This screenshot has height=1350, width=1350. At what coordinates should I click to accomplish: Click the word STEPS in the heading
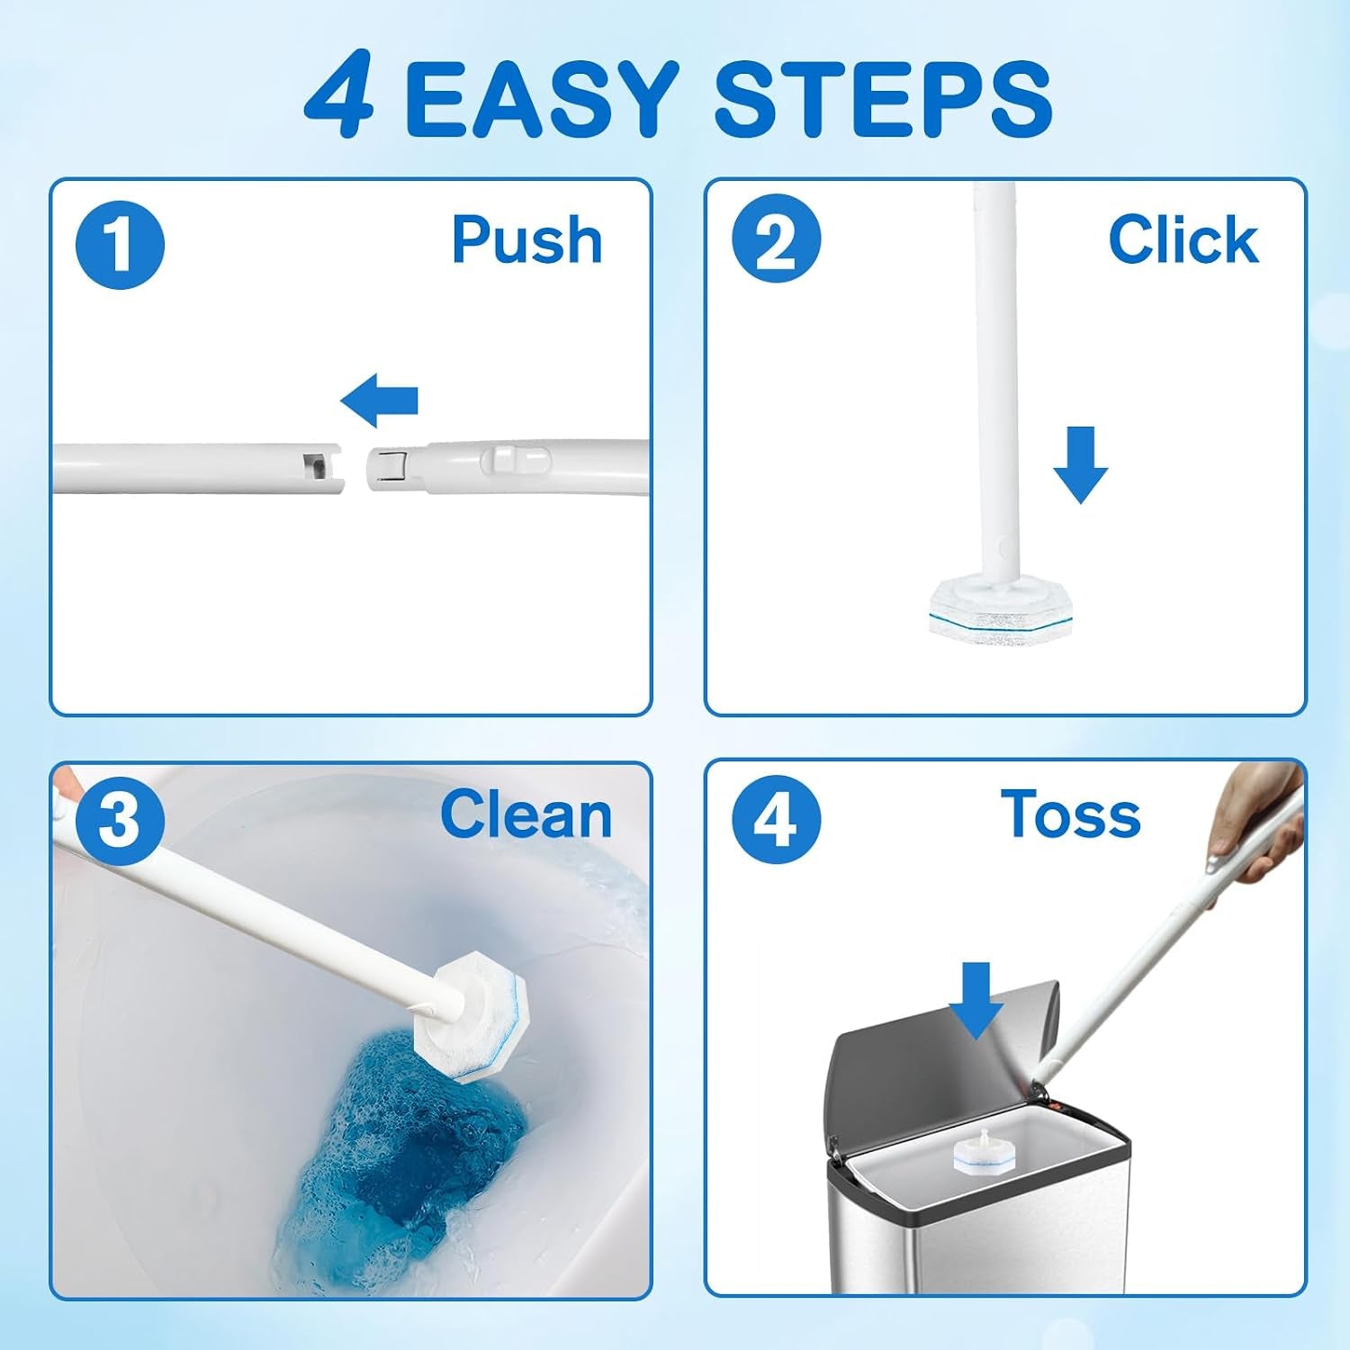pyautogui.click(x=883, y=98)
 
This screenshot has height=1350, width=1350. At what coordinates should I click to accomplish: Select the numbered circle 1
pyautogui.click(x=121, y=245)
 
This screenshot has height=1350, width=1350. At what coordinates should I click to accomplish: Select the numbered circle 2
pyautogui.click(x=776, y=239)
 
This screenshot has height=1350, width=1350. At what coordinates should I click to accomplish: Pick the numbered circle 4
pyautogui.click(x=776, y=819)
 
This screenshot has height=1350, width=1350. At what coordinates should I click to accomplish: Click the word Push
pyautogui.click(x=527, y=239)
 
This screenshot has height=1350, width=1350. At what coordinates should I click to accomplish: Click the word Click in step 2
pyautogui.click(x=1183, y=239)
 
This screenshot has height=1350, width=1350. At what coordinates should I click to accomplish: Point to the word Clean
pyautogui.click(x=526, y=814)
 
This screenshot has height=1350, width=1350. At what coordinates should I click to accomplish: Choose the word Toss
pyautogui.click(x=1071, y=814)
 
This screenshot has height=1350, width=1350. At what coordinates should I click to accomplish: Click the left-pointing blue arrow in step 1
pyautogui.click(x=380, y=400)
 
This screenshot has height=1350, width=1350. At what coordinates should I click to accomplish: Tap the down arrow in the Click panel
pyautogui.click(x=1081, y=464)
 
